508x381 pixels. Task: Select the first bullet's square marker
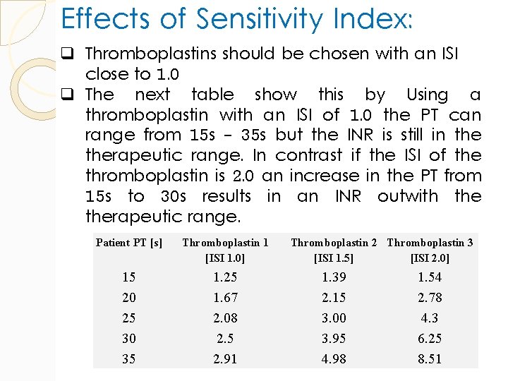(x=73, y=54)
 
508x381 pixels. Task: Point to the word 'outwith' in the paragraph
(x=410, y=196)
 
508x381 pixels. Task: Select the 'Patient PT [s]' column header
(x=129, y=243)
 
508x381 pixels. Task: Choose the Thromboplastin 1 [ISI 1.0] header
(x=225, y=250)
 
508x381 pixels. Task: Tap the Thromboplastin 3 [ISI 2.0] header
(x=430, y=250)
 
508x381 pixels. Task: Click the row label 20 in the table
(x=129, y=298)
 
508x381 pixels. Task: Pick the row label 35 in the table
(x=129, y=359)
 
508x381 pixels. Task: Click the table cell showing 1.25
(x=225, y=277)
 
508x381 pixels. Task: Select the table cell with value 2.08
(x=225, y=318)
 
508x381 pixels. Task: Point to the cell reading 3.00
(x=334, y=318)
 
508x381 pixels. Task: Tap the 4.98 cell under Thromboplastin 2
(x=334, y=359)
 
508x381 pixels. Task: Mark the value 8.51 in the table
(x=430, y=359)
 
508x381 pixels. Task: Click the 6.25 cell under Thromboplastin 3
(x=430, y=339)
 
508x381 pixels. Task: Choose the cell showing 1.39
(x=334, y=277)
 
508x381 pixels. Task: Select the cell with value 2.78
(x=430, y=298)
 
